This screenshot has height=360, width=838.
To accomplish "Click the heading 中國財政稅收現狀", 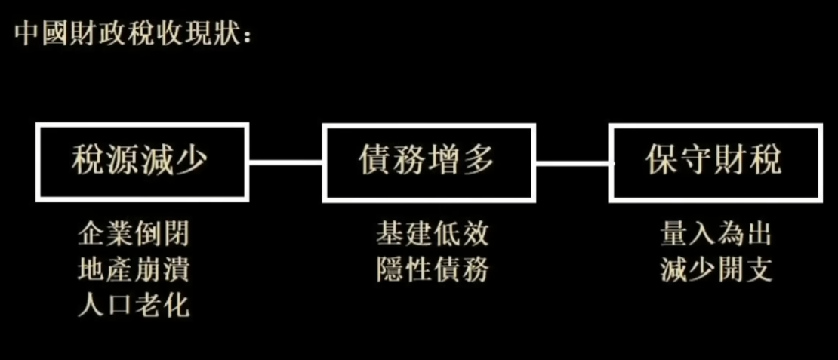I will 131,35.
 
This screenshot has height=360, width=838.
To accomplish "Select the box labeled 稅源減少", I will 142,162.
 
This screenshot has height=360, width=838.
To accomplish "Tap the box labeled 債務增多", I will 429,162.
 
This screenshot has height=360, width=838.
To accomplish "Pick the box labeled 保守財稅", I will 715,162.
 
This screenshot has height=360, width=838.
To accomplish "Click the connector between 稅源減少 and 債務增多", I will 285,162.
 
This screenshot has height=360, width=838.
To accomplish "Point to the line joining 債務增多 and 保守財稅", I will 572,162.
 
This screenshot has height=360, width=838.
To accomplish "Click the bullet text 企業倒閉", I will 133,235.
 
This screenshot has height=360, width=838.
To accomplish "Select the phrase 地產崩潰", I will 133,270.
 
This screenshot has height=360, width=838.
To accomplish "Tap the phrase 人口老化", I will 133,306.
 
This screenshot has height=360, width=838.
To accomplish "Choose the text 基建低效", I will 432,235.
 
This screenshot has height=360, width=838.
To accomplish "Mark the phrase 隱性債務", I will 432,270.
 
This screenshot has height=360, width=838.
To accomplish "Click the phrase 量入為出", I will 716,235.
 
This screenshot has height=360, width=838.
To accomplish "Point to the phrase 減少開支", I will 716,270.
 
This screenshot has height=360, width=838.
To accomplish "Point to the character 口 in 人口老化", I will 114,306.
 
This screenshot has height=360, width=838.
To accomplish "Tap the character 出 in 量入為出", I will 758,235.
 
